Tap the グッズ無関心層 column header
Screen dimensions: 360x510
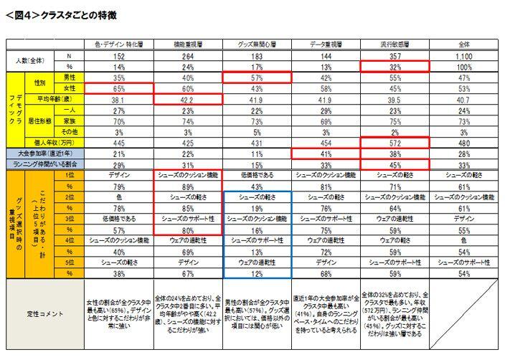coord(257,44)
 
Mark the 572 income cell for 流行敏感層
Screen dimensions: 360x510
coord(395,143)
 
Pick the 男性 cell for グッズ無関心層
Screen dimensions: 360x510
coord(257,77)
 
